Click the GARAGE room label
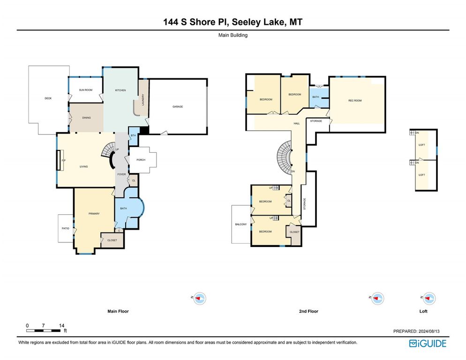178,107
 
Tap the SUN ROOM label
85,90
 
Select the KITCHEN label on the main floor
121,90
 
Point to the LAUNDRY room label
143,100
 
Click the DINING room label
86,118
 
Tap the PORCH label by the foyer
141,160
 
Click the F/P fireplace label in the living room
63,161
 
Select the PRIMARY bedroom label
94,214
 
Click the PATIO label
66,228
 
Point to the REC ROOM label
355,101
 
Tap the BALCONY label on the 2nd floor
241,225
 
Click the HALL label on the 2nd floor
297,123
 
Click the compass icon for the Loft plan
429,298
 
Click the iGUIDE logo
428,344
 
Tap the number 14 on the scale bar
61,325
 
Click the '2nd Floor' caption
308,311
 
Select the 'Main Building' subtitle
233,35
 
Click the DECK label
48,98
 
